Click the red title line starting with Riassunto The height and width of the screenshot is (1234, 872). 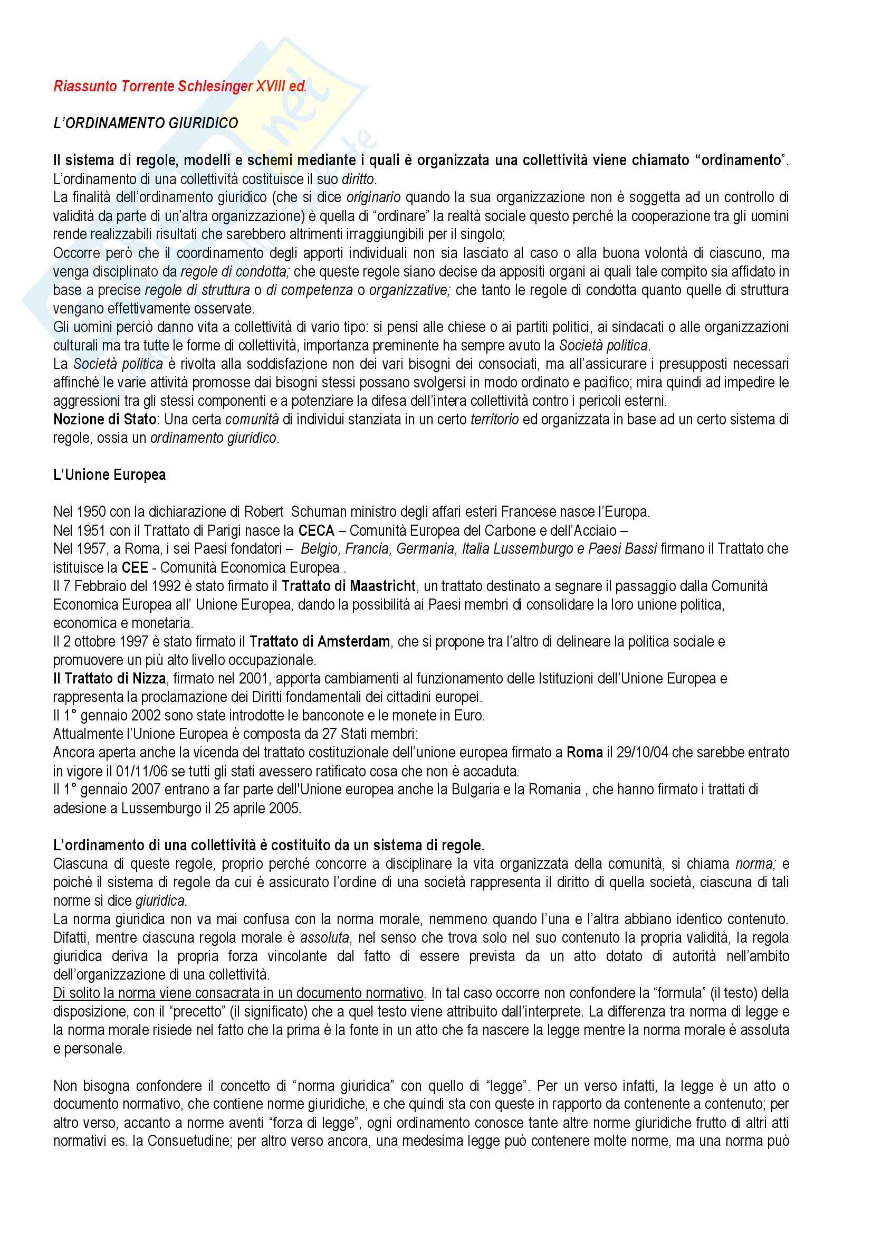tap(180, 87)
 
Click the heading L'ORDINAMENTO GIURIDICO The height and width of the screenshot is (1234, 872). tap(146, 123)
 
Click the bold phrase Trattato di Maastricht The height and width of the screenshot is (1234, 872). tap(348, 586)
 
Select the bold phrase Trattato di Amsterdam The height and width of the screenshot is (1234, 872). tap(320, 642)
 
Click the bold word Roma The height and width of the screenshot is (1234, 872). tap(585, 753)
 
